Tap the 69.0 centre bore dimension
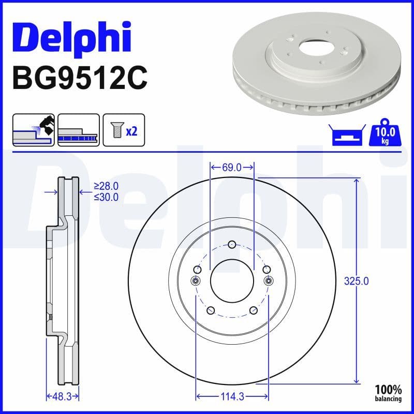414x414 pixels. pos(232,167)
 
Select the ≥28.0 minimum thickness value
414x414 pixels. pos(106,185)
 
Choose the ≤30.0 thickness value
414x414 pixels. pos(106,197)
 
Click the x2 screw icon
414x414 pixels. pos(124,130)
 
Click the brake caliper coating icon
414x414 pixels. pos(34,130)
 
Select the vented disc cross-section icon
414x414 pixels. pos(78,130)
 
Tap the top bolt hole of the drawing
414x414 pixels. pos(232,244)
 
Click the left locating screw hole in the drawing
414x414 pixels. pos(196,280)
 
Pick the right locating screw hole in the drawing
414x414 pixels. pos(268,280)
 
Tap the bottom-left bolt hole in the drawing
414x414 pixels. pos(211,310)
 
